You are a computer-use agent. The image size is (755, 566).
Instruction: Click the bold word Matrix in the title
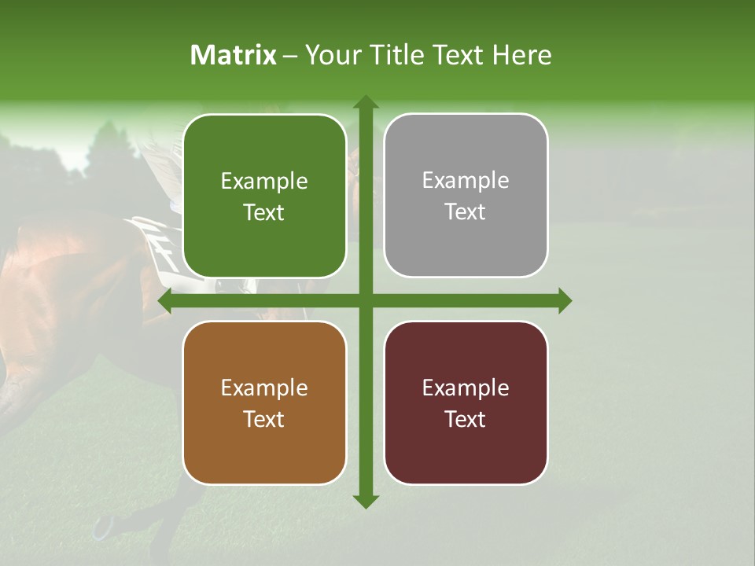(234, 55)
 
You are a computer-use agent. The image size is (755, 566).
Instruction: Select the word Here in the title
(522, 55)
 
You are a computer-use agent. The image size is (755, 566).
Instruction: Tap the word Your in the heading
(332, 55)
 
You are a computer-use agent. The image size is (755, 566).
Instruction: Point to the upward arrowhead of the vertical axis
(365, 102)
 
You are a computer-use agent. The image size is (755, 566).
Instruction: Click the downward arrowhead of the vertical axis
(365, 501)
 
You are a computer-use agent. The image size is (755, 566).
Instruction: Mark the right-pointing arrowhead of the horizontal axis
(564, 300)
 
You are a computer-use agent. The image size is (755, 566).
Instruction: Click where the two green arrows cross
(365, 300)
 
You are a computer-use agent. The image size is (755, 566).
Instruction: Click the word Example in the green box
(264, 182)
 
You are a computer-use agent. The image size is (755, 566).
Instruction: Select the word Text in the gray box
(466, 212)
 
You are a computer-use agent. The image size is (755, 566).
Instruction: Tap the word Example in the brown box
(264, 388)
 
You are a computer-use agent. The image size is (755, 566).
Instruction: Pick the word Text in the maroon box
(466, 419)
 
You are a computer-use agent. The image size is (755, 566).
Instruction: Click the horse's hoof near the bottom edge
(102, 528)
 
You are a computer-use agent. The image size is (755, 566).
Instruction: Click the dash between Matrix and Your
(290, 56)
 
